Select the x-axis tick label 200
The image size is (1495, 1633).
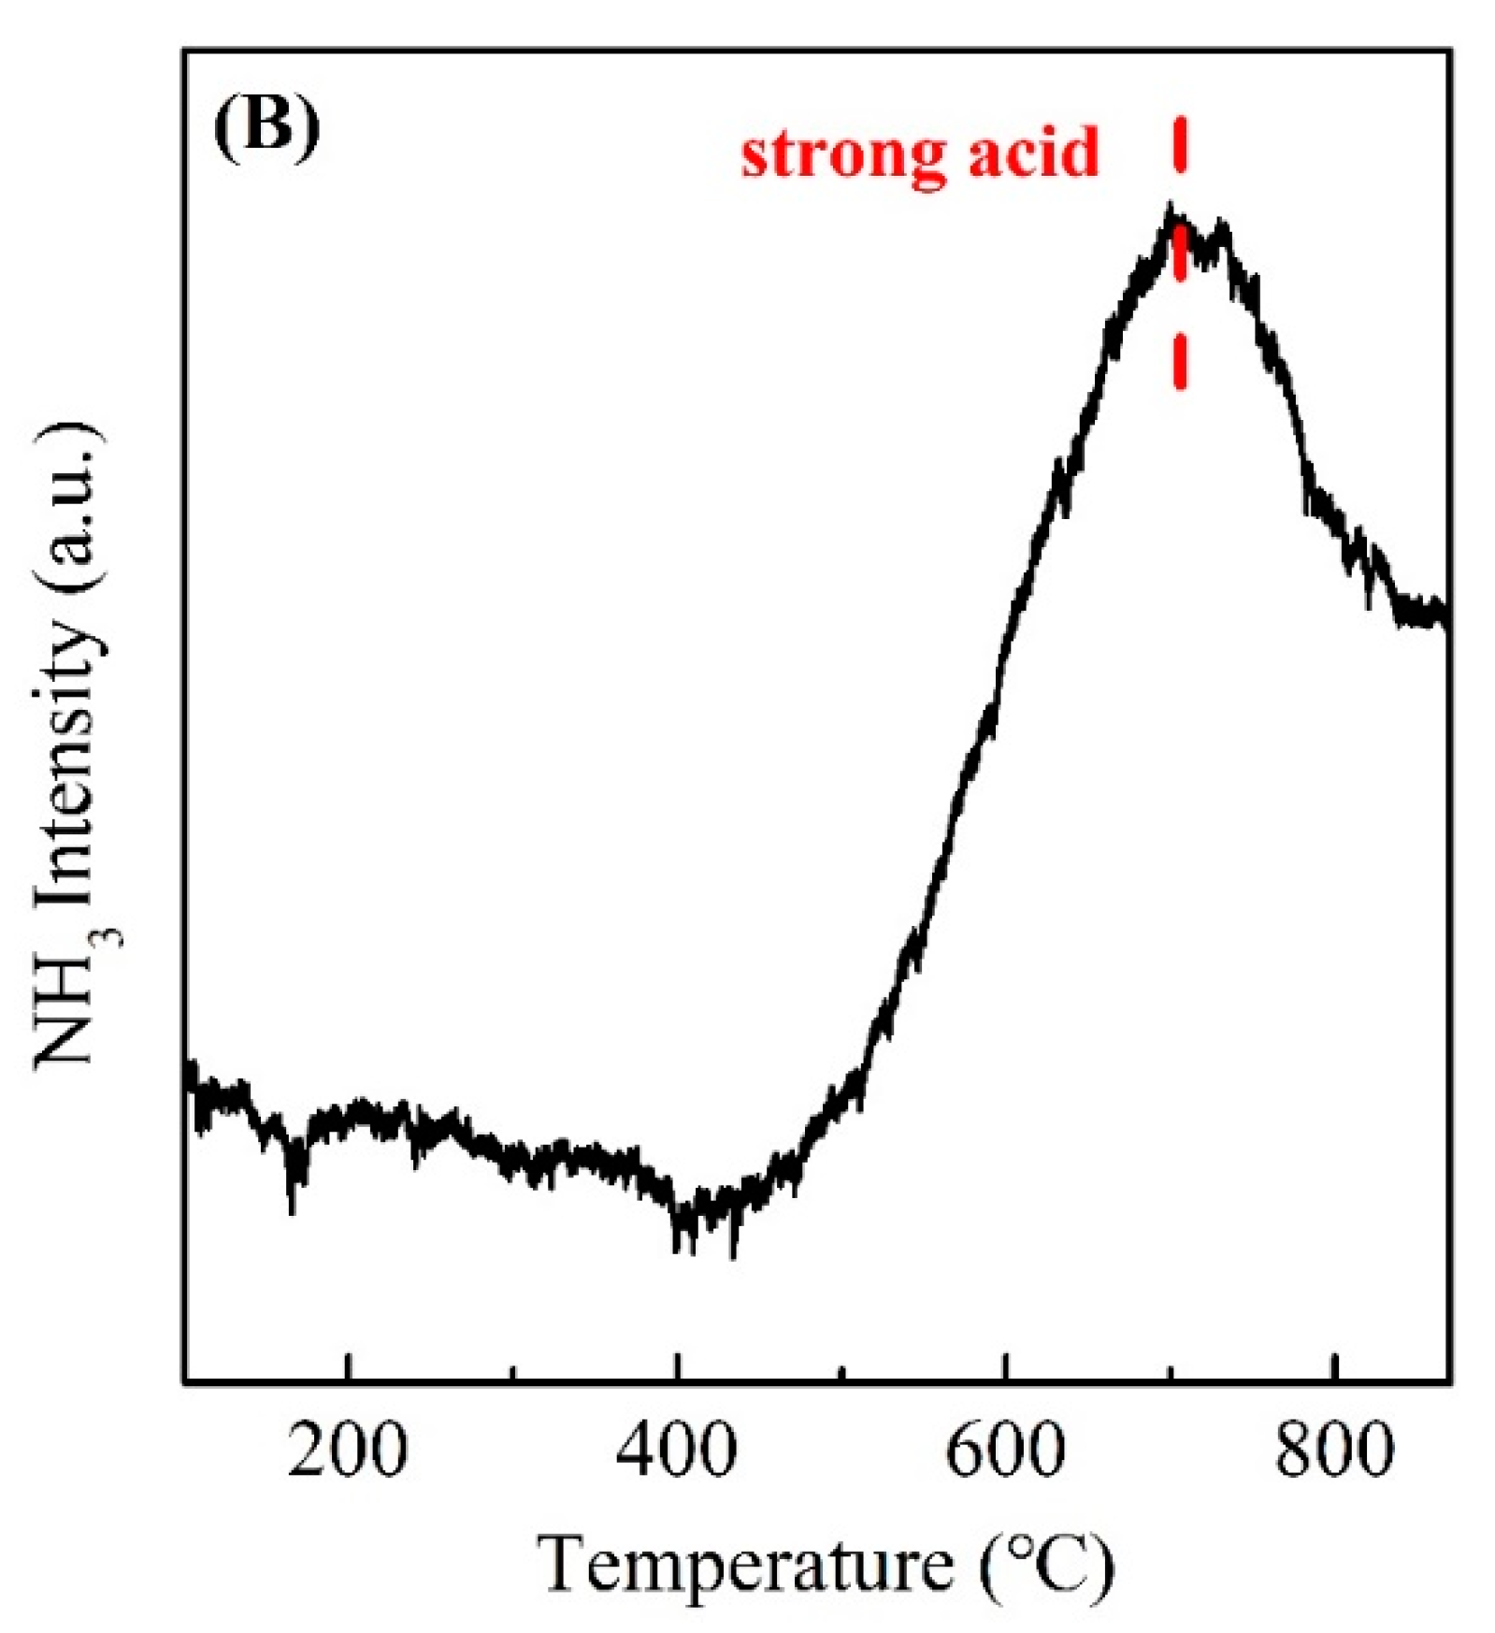tap(347, 1451)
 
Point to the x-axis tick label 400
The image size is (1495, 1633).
tap(676, 1451)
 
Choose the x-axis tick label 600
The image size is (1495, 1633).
tap(1005, 1451)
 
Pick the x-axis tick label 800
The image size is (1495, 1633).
tap(1333, 1451)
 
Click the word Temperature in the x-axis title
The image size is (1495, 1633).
tap(744, 1564)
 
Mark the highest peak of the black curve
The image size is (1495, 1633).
tap(1170, 208)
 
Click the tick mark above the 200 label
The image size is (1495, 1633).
tap(348, 1367)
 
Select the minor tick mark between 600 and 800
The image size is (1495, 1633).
tap(1170, 1372)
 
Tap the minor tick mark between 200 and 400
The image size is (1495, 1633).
tap(512, 1372)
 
